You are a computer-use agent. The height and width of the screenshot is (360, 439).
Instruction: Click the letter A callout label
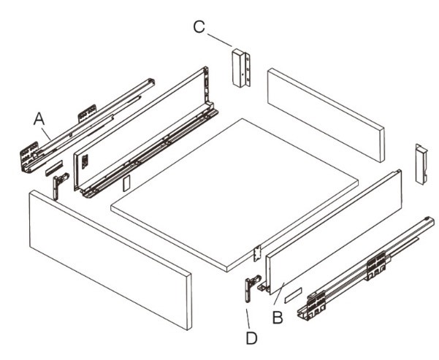pos(39,119)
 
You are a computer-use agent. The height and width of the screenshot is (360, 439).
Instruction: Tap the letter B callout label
pos(278,318)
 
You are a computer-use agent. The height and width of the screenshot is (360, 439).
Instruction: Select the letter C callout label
pos(199,27)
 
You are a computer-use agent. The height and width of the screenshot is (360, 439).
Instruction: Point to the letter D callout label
pos(251,338)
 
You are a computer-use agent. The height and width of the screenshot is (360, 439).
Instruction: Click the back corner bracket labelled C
pos(241,68)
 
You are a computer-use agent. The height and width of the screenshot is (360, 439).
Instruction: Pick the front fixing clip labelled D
pos(251,288)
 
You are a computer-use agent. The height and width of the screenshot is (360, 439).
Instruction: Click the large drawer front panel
pos(110,260)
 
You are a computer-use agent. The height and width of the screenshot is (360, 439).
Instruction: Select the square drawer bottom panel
pos(234,195)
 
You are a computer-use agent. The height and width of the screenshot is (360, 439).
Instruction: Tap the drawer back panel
pos(327,115)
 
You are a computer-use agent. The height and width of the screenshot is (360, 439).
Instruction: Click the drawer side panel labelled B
pos(333,232)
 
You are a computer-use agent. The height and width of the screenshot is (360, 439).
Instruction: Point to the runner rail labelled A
pos(87,126)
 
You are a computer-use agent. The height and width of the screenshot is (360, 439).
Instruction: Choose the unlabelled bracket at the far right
pos(421,164)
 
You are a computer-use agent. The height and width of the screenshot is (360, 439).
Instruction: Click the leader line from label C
pos(219,40)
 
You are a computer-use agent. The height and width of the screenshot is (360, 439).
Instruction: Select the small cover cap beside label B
pos(293,295)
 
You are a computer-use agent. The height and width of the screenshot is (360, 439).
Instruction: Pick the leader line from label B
pos(279,294)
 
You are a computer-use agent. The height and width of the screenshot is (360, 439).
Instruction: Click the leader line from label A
pos(46,134)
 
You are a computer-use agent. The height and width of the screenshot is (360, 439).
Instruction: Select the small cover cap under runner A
pos(55,168)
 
